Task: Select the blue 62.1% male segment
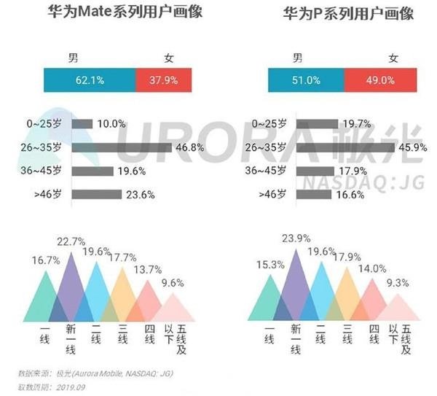pos(90,80)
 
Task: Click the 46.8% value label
pos(190,147)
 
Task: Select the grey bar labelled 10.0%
pos(82,124)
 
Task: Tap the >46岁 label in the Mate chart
pos(50,195)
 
